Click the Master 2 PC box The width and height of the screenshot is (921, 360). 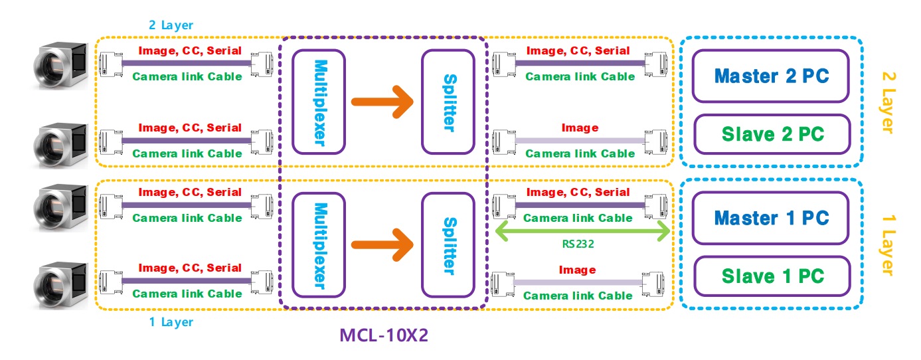[770, 76]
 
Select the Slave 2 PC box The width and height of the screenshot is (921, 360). [772, 134]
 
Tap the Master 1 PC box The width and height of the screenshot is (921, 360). [770, 217]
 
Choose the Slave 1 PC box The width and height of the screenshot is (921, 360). [772, 276]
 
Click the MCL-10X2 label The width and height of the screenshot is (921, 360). [384, 335]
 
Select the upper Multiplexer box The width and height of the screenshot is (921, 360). [319, 101]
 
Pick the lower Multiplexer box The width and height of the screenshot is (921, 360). [319, 244]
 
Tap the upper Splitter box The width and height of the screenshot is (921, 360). [448, 101]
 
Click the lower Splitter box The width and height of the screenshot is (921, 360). [448, 244]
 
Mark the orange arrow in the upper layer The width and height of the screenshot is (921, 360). [383, 102]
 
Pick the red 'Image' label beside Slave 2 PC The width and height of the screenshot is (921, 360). [580, 128]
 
